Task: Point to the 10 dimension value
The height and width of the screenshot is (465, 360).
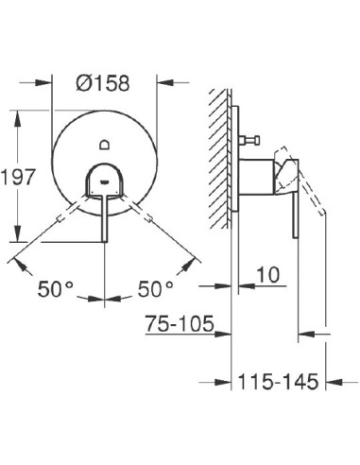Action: pyautogui.click(x=267, y=276)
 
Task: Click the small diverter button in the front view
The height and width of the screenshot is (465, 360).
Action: pyautogui.click(x=104, y=145)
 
